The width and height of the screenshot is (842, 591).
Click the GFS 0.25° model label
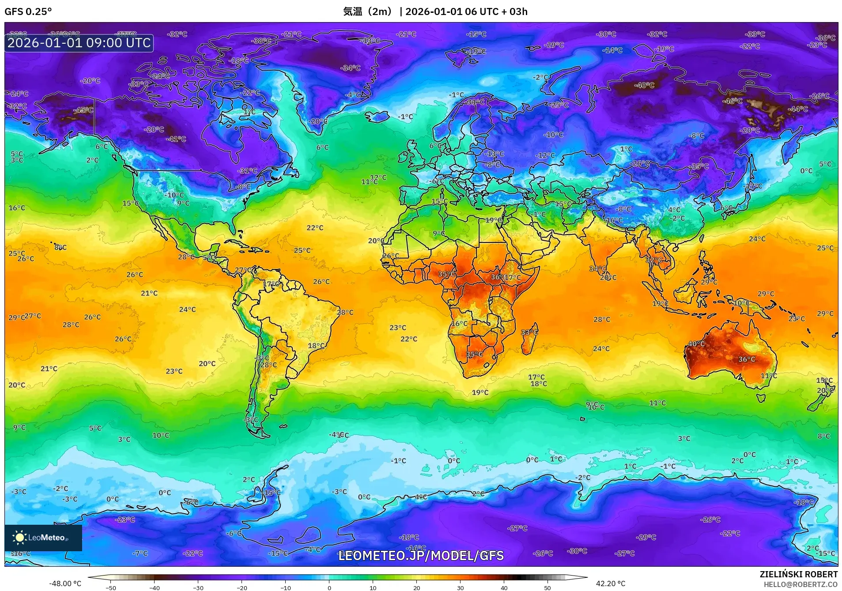point(28,11)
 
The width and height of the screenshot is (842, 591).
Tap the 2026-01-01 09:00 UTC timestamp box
point(79,43)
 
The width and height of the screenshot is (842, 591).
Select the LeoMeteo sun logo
point(19,538)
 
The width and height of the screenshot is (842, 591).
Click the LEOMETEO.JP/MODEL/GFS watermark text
point(421,556)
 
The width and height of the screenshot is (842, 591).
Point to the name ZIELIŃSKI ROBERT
point(798,574)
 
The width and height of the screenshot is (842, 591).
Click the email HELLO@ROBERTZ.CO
point(800,584)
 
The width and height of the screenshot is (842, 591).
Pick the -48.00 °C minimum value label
point(65,583)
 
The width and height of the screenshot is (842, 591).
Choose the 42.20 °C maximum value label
point(611,583)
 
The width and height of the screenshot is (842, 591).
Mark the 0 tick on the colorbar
point(329,587)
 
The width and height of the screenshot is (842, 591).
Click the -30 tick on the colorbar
point(198,587)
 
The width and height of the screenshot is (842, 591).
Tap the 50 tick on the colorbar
point(547,587)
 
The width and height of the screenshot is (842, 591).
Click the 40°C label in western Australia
point(696,344)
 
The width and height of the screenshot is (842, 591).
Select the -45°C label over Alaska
point(83,110)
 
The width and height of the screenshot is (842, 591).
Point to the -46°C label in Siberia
point(732,101)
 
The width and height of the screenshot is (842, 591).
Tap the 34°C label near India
point(597,269)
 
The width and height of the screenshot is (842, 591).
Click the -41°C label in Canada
point(176,139)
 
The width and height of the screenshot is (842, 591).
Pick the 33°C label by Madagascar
point(529,332)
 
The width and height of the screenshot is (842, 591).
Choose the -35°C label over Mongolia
point(699,167)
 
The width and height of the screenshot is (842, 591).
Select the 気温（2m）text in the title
point(367,11)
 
